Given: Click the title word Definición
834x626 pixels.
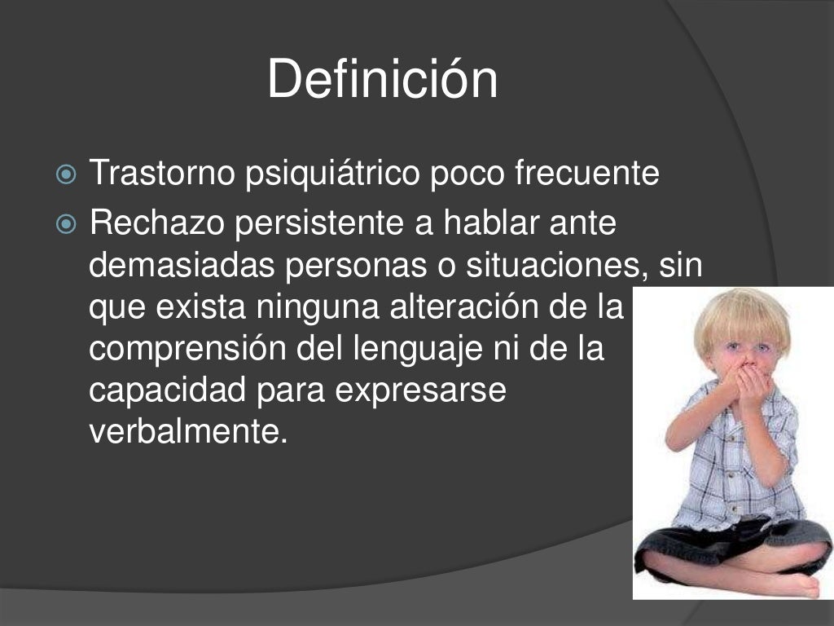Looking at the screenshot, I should pyautogui.click(x=382, y=80).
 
